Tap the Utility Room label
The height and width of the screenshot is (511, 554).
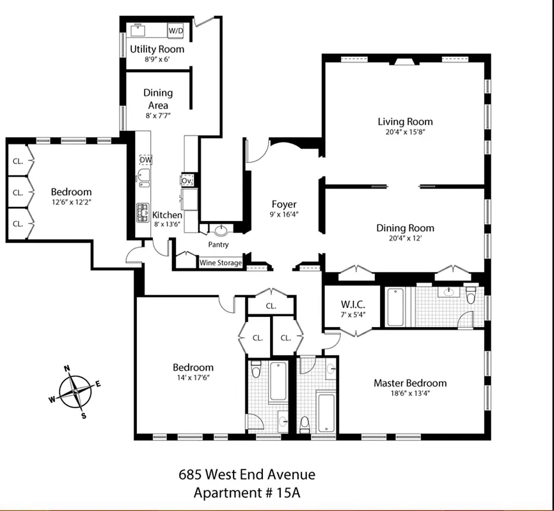point(157,49)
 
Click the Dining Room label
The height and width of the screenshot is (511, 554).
point(405,228)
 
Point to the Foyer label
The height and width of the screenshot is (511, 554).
point(284,204)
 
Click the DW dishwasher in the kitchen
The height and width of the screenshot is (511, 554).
point(145,160)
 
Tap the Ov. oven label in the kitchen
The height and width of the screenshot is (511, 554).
point(187,181)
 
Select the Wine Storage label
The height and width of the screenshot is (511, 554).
point(221,263)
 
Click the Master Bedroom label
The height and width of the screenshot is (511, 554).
point(410,383)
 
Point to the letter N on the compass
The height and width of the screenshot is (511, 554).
point(67,369)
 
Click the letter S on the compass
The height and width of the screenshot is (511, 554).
point(83,415)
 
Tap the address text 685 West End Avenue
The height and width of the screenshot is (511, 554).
point(246,475)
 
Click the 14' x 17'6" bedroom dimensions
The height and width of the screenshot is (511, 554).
point(193,378)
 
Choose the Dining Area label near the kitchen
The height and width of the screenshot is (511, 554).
point(157,99)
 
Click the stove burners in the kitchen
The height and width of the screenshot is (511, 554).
point(143,213)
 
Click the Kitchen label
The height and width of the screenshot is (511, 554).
point(167,215)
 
